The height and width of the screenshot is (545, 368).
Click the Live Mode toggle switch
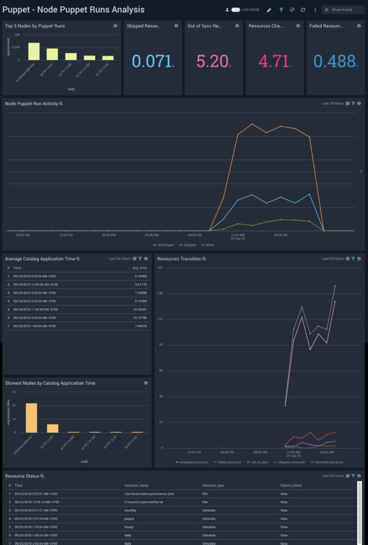coord(236,10)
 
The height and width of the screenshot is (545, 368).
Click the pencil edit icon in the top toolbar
coord(269,10)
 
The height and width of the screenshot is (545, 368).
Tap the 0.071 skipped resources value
coord(152,61)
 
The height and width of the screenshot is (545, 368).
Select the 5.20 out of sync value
coord(212,61)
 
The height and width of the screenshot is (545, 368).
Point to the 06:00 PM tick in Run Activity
coord(152,235)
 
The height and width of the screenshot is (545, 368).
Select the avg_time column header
coord(139,268)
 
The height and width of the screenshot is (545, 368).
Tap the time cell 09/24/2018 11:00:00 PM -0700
coord(36,309)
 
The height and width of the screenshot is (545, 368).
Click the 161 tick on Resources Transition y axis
coord(160,267)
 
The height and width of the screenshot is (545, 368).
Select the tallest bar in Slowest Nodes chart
coord(31,418)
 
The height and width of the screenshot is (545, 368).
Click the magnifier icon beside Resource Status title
coord(43,476)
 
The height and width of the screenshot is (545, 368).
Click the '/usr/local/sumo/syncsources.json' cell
coord(149,494)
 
